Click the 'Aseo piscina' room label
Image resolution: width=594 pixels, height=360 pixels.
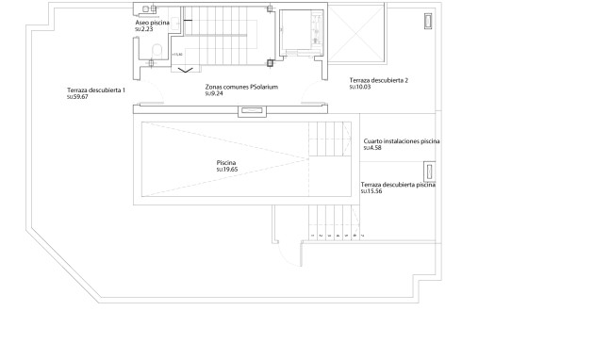(153, 23)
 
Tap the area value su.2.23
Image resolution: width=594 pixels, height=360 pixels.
(144, 30)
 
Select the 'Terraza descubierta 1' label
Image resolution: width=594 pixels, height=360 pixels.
(96, 90)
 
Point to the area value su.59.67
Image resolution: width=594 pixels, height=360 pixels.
(77, 97)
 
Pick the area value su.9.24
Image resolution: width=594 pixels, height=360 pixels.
(215, 94)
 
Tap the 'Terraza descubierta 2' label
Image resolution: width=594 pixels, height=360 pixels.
(378, 81)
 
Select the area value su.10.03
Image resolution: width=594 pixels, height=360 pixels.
(359, 88)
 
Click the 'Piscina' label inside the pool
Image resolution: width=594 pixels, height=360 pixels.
(226, 164)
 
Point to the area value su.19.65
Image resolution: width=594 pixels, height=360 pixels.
(227, 171)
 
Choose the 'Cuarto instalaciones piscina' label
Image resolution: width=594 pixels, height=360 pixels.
(402, 140)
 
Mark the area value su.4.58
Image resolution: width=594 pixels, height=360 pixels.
(371, 148)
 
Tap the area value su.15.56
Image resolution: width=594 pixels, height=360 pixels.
(372, 192)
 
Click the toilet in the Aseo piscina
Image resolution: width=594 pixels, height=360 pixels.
(156, 51)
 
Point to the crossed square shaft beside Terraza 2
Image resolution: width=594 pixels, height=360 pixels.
(357, 32)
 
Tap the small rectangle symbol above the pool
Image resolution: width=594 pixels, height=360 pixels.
(251, 110)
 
